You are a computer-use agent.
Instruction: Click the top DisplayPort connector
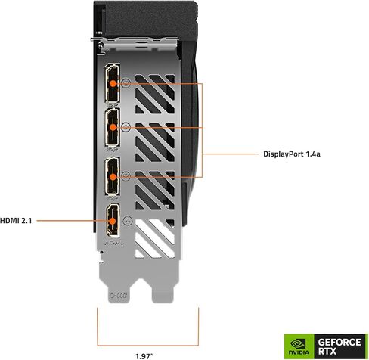112,80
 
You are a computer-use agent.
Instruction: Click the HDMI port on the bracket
112,222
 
